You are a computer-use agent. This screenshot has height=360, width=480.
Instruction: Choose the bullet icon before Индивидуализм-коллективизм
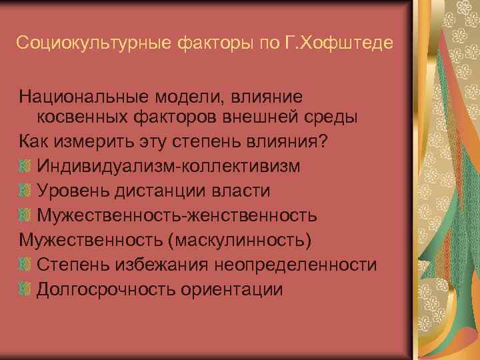[25, 166]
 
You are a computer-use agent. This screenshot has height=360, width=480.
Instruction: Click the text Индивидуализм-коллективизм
[169, 166]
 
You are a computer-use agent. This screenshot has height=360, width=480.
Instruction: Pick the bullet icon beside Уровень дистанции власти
[25, 191]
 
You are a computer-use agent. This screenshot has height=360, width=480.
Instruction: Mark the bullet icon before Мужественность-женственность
[25, 215]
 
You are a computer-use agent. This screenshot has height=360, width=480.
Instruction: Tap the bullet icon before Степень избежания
[25, 265]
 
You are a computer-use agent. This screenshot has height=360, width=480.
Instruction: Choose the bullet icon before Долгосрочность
[25, 289]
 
